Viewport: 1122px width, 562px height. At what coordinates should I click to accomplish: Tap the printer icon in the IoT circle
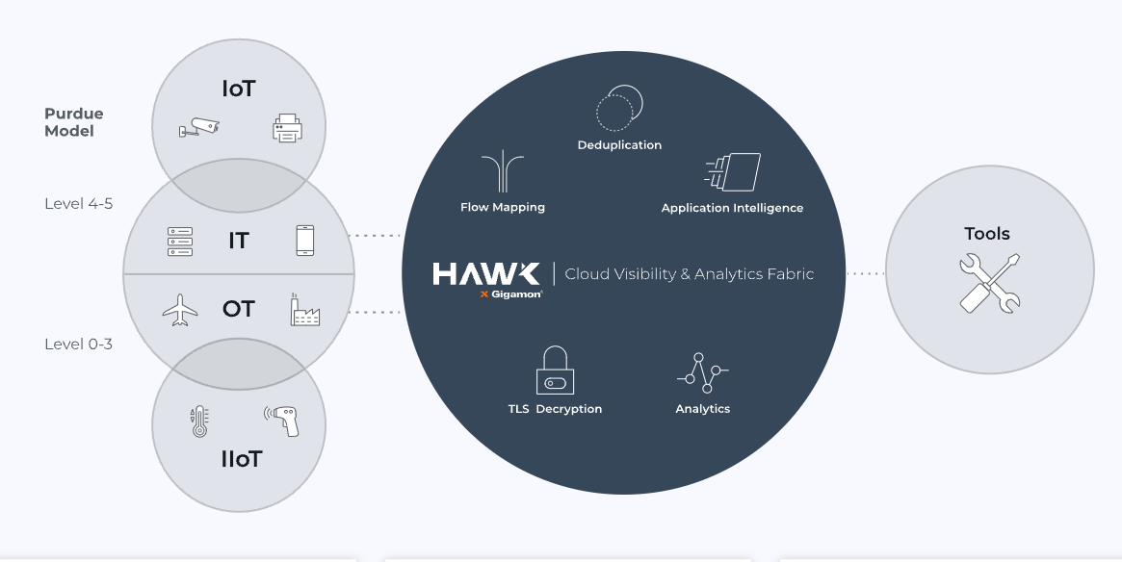[286, 128]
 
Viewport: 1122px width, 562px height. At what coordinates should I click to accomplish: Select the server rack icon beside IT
[180, 241]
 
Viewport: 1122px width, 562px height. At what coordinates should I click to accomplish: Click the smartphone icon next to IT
[304, 241]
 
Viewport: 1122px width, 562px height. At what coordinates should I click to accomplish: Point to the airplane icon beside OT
[180, 310]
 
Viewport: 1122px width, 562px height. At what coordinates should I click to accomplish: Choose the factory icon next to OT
[304, 310]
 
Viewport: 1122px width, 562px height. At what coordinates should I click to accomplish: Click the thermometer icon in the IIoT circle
[199, 421]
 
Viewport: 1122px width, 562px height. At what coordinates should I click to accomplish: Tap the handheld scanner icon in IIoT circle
[283, 420]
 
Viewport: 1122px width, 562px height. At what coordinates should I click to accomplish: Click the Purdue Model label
[73, 122]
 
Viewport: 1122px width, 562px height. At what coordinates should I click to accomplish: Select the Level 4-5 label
[78, 204]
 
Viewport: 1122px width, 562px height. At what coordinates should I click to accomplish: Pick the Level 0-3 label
[78, 344]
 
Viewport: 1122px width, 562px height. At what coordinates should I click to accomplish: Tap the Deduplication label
[619, 145]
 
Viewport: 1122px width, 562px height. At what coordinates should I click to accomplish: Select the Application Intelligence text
[732, 208]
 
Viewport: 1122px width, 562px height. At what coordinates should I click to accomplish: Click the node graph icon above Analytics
[702, 373]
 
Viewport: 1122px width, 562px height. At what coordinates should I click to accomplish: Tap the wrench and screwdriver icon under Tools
[989, 282]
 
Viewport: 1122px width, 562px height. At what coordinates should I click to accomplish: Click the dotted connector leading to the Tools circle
[866, 274]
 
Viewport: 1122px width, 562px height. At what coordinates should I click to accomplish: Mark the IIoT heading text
[241, 459]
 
